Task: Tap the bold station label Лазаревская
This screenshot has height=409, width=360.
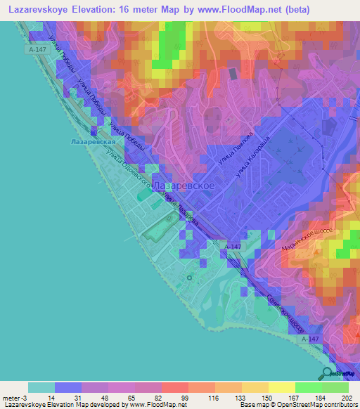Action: (93, 141)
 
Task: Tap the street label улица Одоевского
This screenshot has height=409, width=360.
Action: (136, 174)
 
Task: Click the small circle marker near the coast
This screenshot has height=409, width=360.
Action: (189, 278)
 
